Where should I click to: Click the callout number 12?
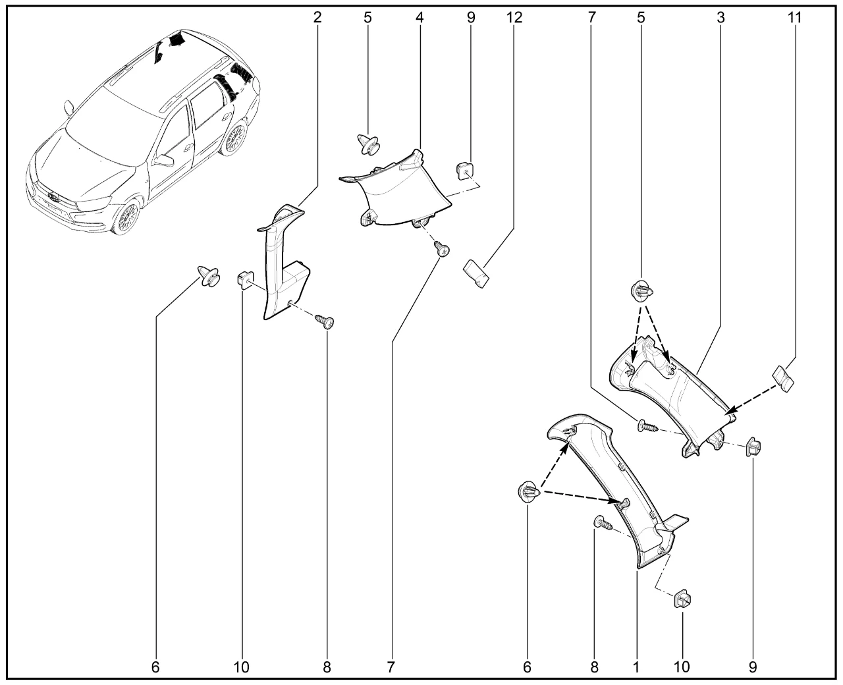pos(514,17)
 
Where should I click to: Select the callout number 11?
pos(794,17)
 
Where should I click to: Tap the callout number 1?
pos(636,667)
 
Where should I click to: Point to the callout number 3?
pos(721,17)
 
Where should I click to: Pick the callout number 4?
pos(420,17)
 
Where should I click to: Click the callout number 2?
pos(317,17)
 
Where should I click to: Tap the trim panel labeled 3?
pos(673,396)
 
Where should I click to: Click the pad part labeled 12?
pos(476,273)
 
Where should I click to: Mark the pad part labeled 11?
pos(783,379)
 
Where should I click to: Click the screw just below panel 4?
pos(442,248)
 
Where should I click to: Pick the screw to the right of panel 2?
pos(325,321)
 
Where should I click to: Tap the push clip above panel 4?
pos(368,144)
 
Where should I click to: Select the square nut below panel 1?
pos(682,599)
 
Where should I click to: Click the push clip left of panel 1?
pos(529,492)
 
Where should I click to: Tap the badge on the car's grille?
pos(53,197)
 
